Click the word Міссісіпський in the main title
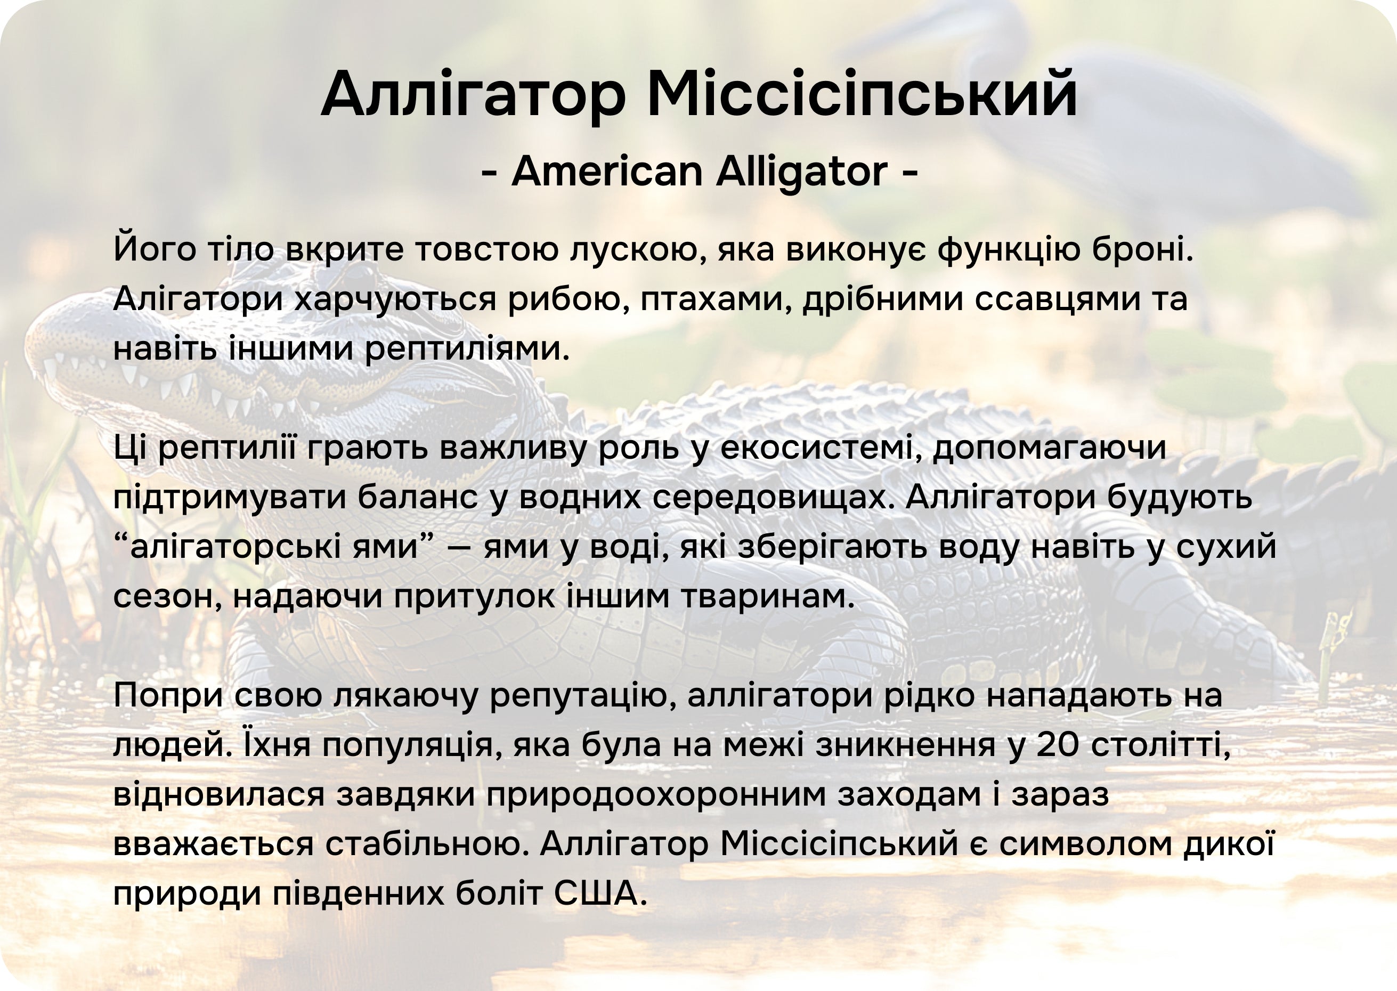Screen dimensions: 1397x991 pos(862,95)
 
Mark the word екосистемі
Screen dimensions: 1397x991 pos(821,448)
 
